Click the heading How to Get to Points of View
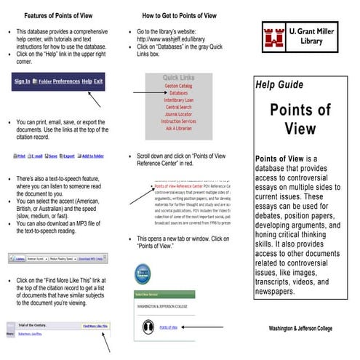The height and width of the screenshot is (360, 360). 180,15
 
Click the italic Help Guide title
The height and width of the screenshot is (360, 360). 279,85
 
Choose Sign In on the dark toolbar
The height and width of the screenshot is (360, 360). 23,81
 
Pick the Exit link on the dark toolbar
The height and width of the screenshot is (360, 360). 98,81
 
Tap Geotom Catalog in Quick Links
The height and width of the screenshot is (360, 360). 178,86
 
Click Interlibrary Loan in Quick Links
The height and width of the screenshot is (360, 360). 178,100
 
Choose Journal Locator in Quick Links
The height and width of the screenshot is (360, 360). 178,113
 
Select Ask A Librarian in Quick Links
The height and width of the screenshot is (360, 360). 178,127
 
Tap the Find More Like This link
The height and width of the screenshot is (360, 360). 95,327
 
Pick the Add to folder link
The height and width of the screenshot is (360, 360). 92,156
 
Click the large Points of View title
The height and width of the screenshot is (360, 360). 300,119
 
